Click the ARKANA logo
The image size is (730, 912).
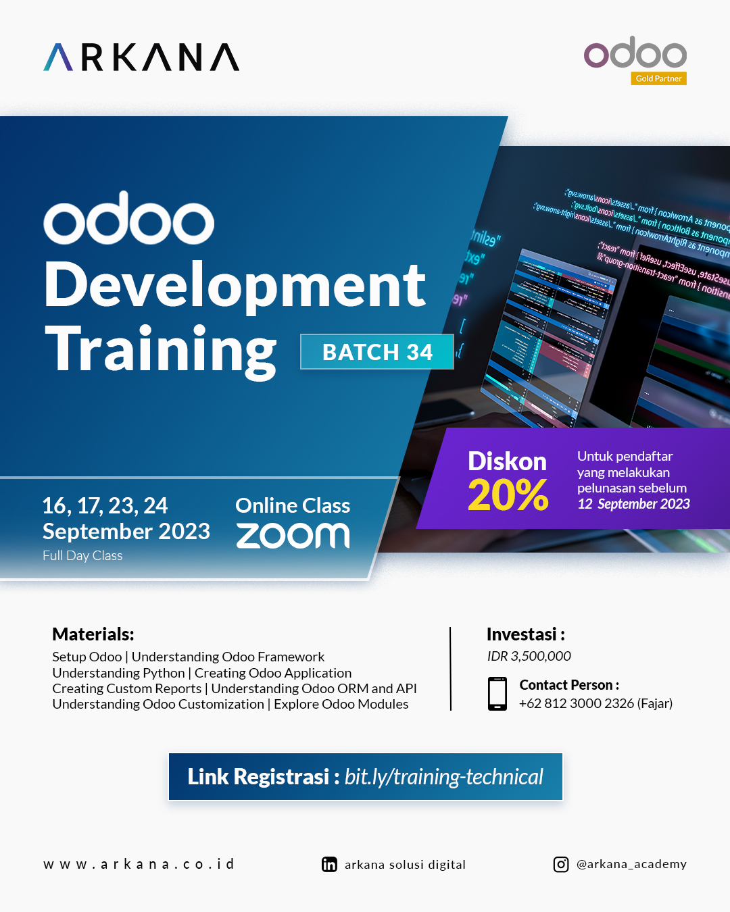(141, 57)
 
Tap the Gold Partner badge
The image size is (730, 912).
(658, 78)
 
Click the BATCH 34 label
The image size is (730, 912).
(377, 352)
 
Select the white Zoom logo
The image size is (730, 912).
(293, 536)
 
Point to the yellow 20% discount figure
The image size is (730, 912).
(508, 495)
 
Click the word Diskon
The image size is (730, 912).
(507, 461)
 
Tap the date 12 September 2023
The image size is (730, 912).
(633, 504)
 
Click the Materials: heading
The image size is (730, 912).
(93, 634)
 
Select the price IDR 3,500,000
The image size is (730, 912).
(529, 656)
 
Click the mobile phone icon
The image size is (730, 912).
(497, 694)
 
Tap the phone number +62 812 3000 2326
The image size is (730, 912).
(577, 703)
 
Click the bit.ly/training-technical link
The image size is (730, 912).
(443, 777)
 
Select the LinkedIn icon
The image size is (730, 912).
(329, 865)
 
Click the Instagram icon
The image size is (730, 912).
(561, 865)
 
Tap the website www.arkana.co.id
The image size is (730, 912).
(139, 864)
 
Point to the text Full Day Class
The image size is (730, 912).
(82, 555)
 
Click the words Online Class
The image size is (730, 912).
(293, 505)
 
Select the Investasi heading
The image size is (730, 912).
(525, 634)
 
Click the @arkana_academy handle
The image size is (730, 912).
(631, 864)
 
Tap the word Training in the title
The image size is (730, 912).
(161, 350)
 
